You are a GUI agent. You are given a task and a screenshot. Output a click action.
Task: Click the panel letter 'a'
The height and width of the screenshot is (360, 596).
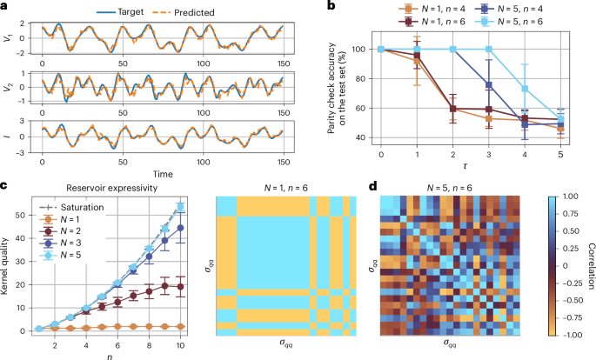pos(5,7)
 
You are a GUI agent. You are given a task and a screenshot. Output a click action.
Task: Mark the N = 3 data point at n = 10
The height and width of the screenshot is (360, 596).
pos(179,228)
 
